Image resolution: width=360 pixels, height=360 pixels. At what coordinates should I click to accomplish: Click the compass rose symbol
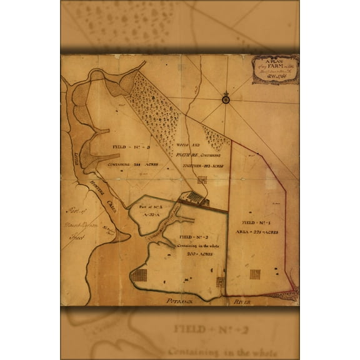[x=225, y=98]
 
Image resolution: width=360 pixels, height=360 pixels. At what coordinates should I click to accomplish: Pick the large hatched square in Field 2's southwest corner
[x=141, y=276]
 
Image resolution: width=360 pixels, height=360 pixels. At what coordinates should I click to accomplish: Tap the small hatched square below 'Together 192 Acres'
[x=202, y=180]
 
